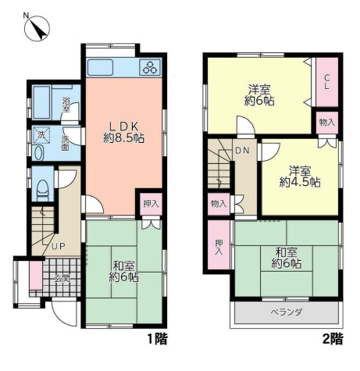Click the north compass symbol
click(x=37, y=28)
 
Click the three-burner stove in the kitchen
click(x=150, y=67)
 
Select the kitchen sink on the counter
click(x=100, y=67)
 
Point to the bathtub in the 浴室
click(x=41, y=102)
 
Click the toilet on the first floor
click(x=43, y=191)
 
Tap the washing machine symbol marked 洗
click(x=41, y=136)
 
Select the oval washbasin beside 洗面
click(x=38, y=153)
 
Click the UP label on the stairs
click(x=58, y=246)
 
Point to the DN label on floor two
click(x=242, y=150)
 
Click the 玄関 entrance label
click(x=62, y=278)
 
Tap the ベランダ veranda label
click(x=286, y=312)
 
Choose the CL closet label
click(x=326, y=82)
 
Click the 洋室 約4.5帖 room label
click(x=300, y=177)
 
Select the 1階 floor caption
click(x=157, y=339)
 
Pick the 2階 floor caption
click(x=333, y=339)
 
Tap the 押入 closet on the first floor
click(x=151, y=204)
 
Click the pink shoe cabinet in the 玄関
click(x=36, y=275)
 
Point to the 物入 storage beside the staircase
click(x=219, y=204)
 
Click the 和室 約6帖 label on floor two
click(x=287, y=258)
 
